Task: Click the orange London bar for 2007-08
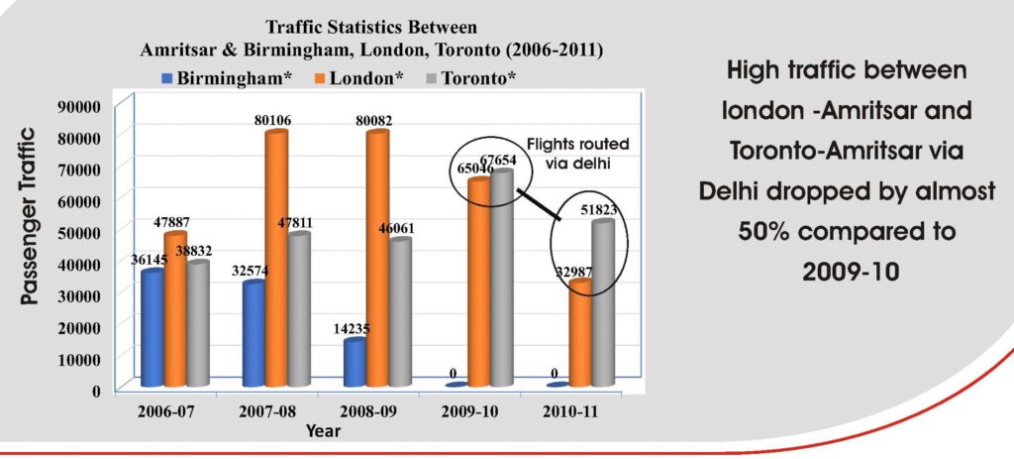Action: coord(276,258)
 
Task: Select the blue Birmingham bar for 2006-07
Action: coord(152,327)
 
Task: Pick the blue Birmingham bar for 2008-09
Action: coord(355,362)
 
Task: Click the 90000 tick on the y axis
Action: coord(81,106)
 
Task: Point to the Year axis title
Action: coord(323,431)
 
